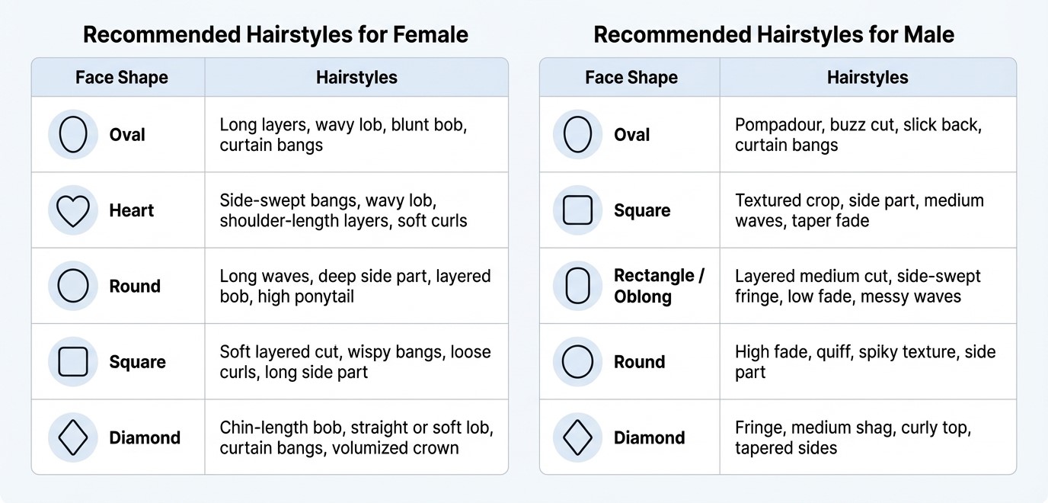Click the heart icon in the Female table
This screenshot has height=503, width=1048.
click(x=73, y=210)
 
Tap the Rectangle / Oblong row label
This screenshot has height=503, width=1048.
click(x=659, y=286)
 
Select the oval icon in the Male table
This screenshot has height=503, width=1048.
click(x=577, y=135)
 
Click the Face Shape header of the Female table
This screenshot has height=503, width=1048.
click(x=121, y=78)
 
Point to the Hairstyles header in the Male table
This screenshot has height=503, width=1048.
click(x=867, y=78)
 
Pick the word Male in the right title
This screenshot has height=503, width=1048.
click(x=926, y=34)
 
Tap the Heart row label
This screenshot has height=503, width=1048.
click(x=131, y=210)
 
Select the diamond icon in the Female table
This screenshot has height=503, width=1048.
click(x=73, y=437)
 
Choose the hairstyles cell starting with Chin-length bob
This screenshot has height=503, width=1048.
click(x=356, y=437)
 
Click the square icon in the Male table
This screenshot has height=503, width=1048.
click(x=577, y=210)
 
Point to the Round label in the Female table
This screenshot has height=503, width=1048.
click(x=135, y=287)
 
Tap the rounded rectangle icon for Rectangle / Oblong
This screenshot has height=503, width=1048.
click(x=577, y=286)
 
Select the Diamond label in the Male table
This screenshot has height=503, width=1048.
click(x=649, y=437)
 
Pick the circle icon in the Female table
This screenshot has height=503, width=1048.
click(x=73, y=286)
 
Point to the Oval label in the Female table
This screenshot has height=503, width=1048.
click(x=127, y=135)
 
